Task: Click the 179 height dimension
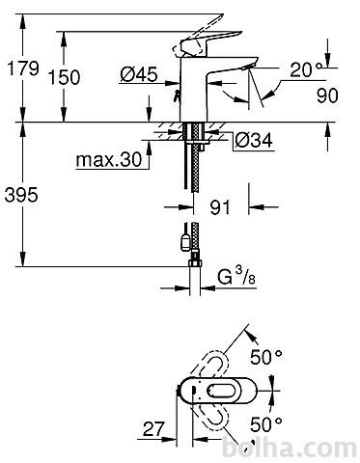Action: tap(23, 68)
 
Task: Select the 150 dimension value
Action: tap(64, 77)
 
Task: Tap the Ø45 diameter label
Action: tap(139, 74)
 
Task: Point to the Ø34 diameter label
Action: tap(254, 140)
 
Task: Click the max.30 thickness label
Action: tap(109, 159)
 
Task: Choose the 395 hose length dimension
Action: tap(21, 195)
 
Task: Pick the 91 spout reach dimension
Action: tap(220, 207)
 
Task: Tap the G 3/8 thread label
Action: tap(236, 276)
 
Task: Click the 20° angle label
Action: tap(306, 69)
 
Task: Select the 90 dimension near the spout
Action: tap(327, 95)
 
